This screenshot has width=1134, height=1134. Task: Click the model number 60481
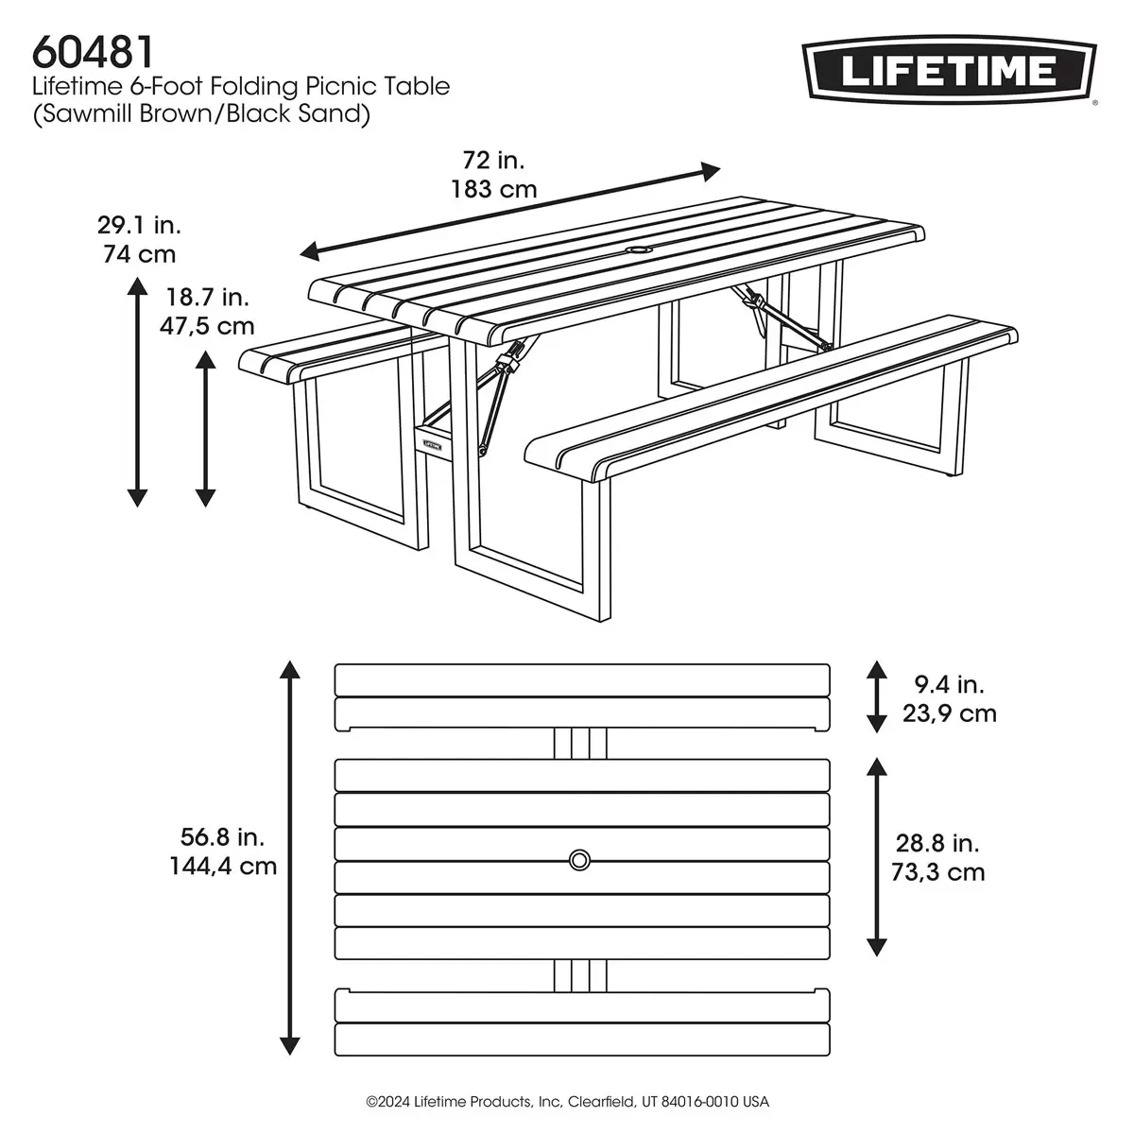94,50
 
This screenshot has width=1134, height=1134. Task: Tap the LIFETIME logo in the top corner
949,71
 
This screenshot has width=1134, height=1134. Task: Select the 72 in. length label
493,160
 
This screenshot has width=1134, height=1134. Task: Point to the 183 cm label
493,189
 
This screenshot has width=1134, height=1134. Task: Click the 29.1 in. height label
139,226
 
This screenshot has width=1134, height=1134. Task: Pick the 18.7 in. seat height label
208,298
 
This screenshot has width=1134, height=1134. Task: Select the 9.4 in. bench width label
949,683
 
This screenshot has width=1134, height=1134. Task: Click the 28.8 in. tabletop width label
937,843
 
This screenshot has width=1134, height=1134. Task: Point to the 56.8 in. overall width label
222,836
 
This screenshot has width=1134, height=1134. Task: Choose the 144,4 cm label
223,866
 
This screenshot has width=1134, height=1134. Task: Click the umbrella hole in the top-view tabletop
580,859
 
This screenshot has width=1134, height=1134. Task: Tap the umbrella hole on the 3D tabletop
640,251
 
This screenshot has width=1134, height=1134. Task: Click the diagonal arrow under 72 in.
510,211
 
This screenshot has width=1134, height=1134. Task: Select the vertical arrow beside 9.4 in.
877,697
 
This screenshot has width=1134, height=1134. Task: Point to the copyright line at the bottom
567,1102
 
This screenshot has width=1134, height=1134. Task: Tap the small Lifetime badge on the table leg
432,440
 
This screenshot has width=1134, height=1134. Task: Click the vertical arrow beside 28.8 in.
877,857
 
